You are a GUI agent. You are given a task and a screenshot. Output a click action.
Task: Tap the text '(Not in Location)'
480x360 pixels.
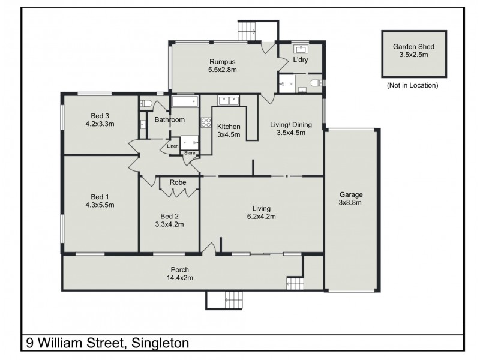[x=412, y=85]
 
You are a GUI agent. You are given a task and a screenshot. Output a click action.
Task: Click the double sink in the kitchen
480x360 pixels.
[x=228, y=100]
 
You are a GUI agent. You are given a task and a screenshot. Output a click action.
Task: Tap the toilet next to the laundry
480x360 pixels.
[x=317, y=82]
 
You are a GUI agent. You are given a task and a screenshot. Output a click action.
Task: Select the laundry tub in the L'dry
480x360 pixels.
[x=300, y=49]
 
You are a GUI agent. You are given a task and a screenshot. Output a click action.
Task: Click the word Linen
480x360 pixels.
[x=173, y=146]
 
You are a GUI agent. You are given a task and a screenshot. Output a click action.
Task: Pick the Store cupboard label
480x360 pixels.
[x=190, y=153]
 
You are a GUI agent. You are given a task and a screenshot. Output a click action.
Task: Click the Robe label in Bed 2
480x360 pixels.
[x=177, y=182]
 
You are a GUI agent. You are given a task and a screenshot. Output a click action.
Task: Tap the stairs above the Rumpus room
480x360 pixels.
[x=247, y=28]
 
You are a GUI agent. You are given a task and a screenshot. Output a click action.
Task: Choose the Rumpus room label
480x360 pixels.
[x=222, y=61]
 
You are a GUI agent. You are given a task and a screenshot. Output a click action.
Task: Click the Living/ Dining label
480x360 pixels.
[x=292, y=124]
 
